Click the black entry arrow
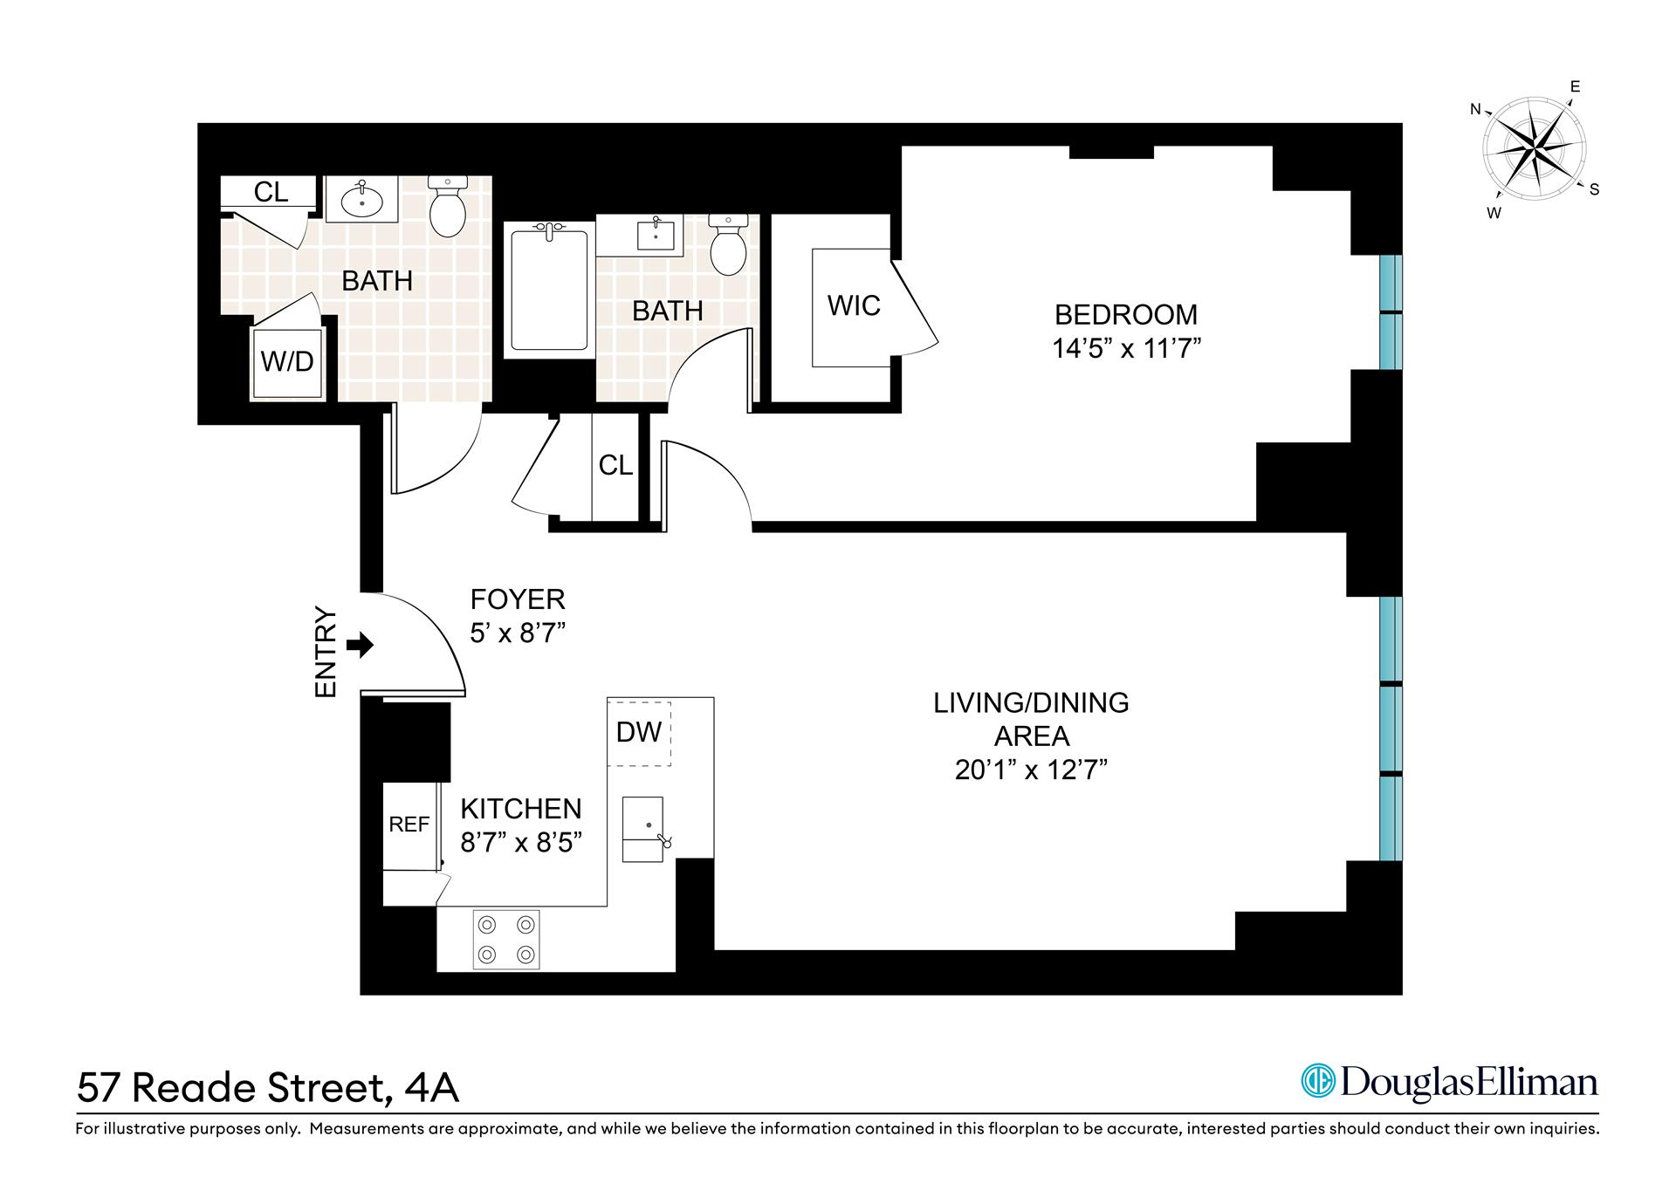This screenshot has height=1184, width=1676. [360, 646]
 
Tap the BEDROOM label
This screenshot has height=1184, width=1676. [1126, 314]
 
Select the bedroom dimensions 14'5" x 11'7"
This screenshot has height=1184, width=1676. [1126, 349]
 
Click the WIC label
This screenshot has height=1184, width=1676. [854, 305]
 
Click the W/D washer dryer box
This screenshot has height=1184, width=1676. [288, 361]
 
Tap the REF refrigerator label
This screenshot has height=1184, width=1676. [409, 825]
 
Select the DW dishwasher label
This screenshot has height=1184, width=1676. [638, 732]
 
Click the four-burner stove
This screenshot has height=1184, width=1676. [505, 939]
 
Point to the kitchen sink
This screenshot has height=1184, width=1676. [643, 829]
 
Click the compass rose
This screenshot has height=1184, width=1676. [1535, 152]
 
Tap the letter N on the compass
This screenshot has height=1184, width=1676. [1476, 110]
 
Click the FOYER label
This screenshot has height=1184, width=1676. [518, 599]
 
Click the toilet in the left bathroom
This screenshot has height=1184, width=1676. [449, 206]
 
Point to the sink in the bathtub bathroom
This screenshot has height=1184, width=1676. [655, 236]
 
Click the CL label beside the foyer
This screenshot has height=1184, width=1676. [615, 465]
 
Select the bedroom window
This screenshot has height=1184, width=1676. [1390, 312]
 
